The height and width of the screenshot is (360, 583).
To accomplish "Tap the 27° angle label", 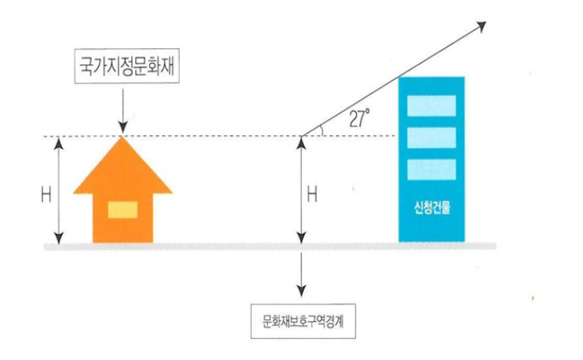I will [x=358, y=119].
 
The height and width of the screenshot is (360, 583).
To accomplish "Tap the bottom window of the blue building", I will [x=431, y=169].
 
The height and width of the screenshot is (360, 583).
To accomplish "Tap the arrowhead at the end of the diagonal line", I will [x=481, y=24].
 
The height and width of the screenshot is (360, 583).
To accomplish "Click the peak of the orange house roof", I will [x=122, y=138].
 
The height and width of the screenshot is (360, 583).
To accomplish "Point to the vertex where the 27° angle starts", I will [x=301, y=135].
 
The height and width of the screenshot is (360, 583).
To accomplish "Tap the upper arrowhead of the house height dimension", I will [x=57, y=143].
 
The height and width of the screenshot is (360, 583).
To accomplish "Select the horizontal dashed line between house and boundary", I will [x=212, y=136].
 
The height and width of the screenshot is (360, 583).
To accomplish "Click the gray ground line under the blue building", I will [x=432, y=244].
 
